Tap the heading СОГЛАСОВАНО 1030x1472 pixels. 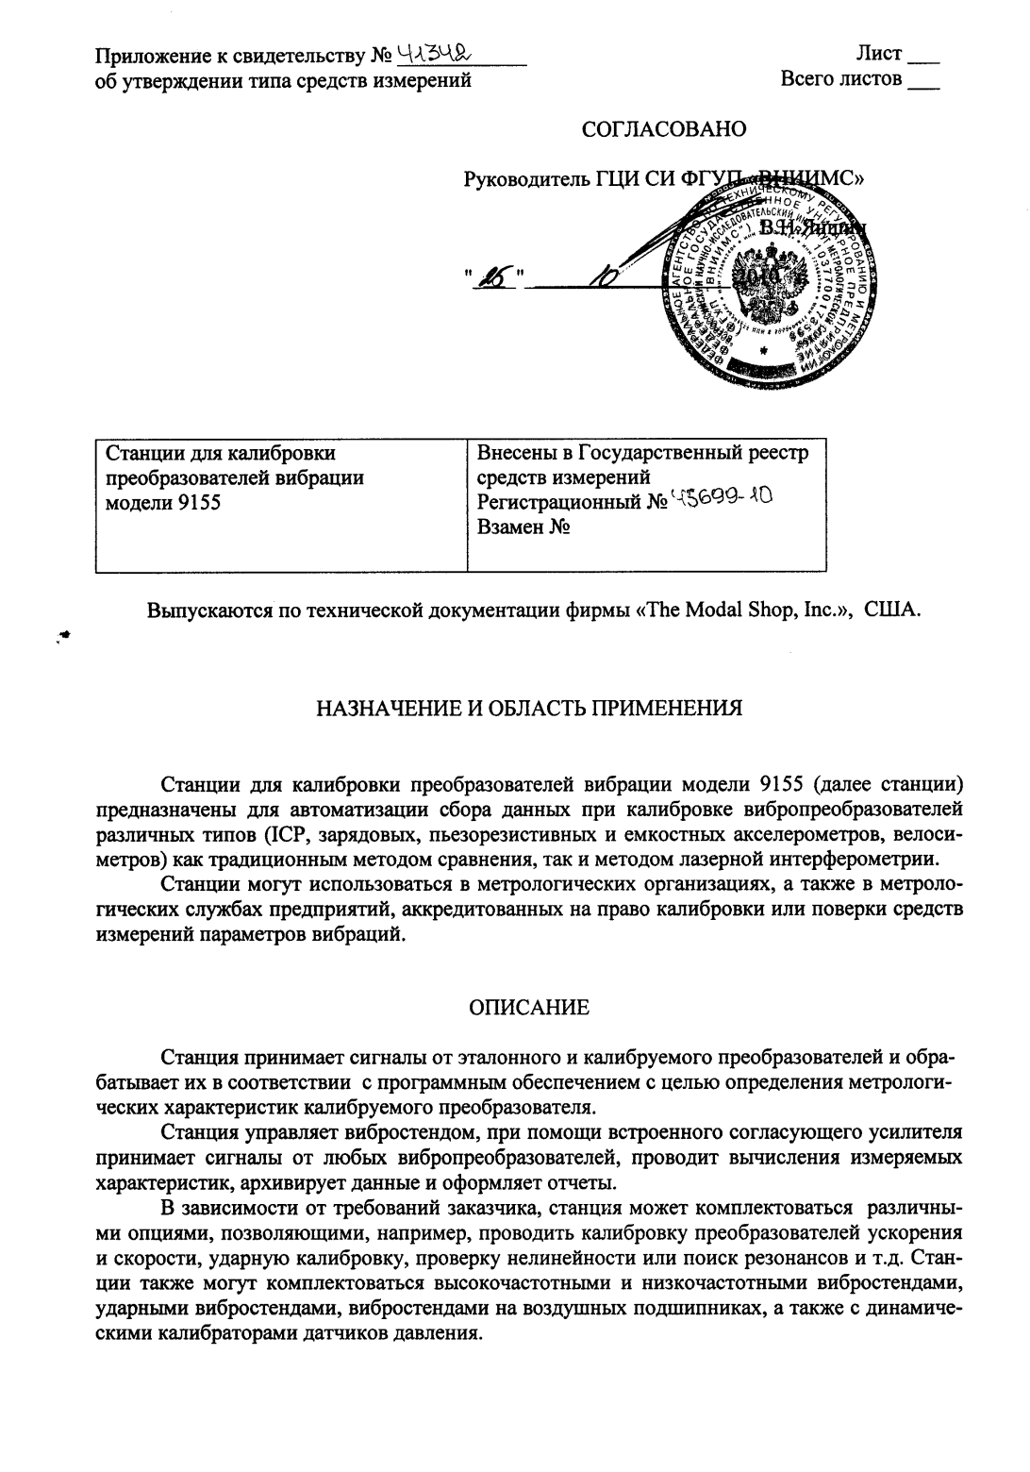(664, 129)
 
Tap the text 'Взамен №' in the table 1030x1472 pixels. (523, 528)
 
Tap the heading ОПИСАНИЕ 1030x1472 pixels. (529, 1008)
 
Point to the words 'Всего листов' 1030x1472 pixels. (841, 79)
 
